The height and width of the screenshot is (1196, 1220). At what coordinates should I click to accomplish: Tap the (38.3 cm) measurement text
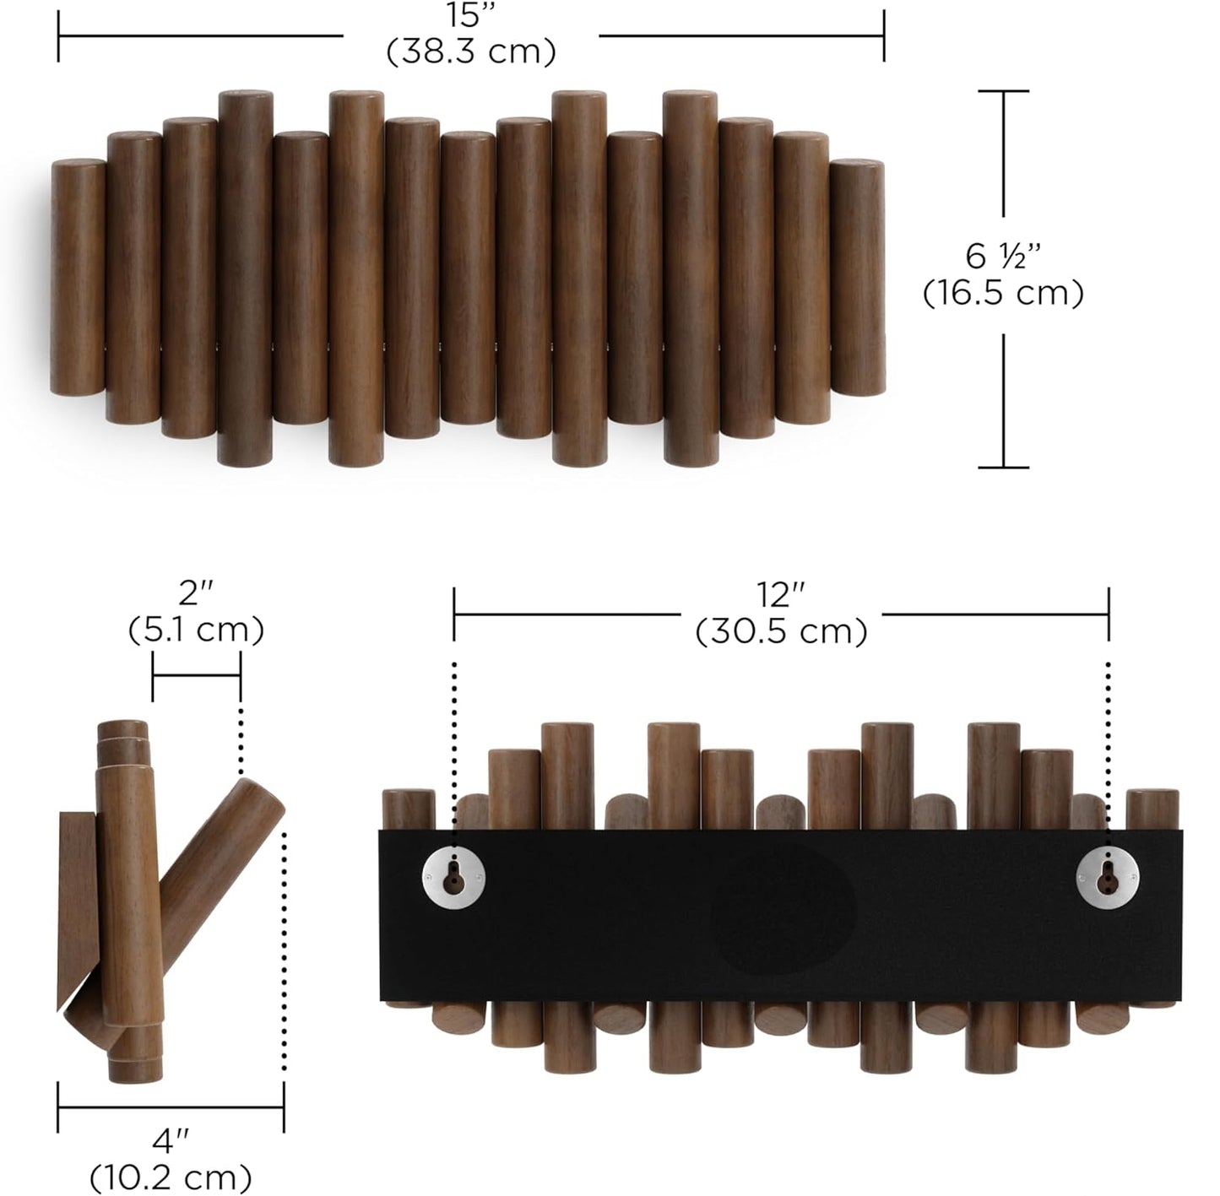471,51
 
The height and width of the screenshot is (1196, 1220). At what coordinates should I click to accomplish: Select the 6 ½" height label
1003,254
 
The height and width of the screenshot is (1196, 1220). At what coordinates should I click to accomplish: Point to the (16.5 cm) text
1003,294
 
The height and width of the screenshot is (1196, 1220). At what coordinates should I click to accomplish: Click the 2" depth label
195,593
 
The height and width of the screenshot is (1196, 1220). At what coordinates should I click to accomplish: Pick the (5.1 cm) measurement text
196,630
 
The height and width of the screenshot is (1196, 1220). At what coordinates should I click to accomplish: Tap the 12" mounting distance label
780,595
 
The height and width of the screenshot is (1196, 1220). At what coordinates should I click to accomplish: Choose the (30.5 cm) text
781,631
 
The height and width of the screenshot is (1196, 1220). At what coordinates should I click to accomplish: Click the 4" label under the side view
171,1142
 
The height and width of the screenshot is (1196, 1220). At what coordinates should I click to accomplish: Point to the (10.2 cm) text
171,1177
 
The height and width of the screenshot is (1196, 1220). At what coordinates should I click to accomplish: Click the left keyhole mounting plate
454,879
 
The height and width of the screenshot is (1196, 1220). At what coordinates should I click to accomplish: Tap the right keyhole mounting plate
1108,879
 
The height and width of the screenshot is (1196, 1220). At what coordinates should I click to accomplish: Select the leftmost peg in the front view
78,279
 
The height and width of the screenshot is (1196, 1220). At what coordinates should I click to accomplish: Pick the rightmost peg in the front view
857,279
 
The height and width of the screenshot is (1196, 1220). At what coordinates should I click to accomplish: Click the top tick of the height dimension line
1003,91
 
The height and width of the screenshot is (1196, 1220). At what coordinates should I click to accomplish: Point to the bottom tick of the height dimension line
1003,467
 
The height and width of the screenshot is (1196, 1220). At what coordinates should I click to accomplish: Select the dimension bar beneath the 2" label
196,675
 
